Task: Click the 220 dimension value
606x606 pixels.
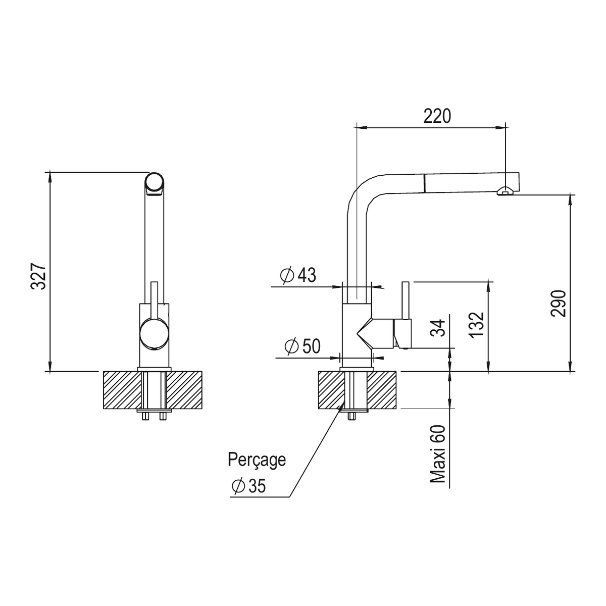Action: (437, 116)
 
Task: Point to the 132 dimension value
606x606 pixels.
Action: (476, 325)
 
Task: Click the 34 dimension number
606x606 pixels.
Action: (438, 328)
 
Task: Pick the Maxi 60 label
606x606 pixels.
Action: (438, 453)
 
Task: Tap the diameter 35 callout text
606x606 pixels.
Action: (248, 486)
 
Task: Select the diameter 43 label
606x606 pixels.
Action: (298, 275)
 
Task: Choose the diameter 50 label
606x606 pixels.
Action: (302, 346)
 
